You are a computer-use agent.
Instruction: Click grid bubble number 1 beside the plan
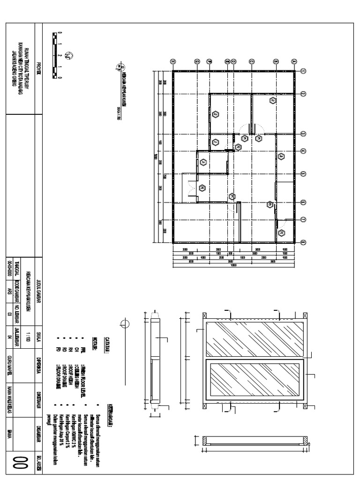[x=303, y=71]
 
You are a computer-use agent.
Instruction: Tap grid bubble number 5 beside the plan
[x=303, y=172]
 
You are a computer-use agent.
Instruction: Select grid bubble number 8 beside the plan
[x=303, y=242]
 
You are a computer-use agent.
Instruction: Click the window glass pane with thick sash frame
[x=255, y=381]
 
